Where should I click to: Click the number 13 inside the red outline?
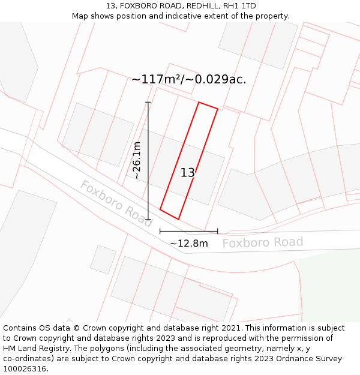(x=188, y=173)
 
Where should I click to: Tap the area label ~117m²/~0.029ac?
(x=188, y=79)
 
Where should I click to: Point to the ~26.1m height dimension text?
(x=137, y=160)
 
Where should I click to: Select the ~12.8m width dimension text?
(x=188, y=244)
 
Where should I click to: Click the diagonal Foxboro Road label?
(x=116, y=203)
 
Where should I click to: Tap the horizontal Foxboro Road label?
(x=263, y=242)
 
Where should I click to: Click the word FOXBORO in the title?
(x=139, y=6)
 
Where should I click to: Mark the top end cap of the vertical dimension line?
(x=148, y=102)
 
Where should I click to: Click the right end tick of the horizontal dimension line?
(x=217, y=231)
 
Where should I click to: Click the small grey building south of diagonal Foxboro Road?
(x=103, y=259)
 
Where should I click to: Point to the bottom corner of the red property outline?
(x=178, y=219)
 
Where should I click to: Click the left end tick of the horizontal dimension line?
(x=160, y=231)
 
